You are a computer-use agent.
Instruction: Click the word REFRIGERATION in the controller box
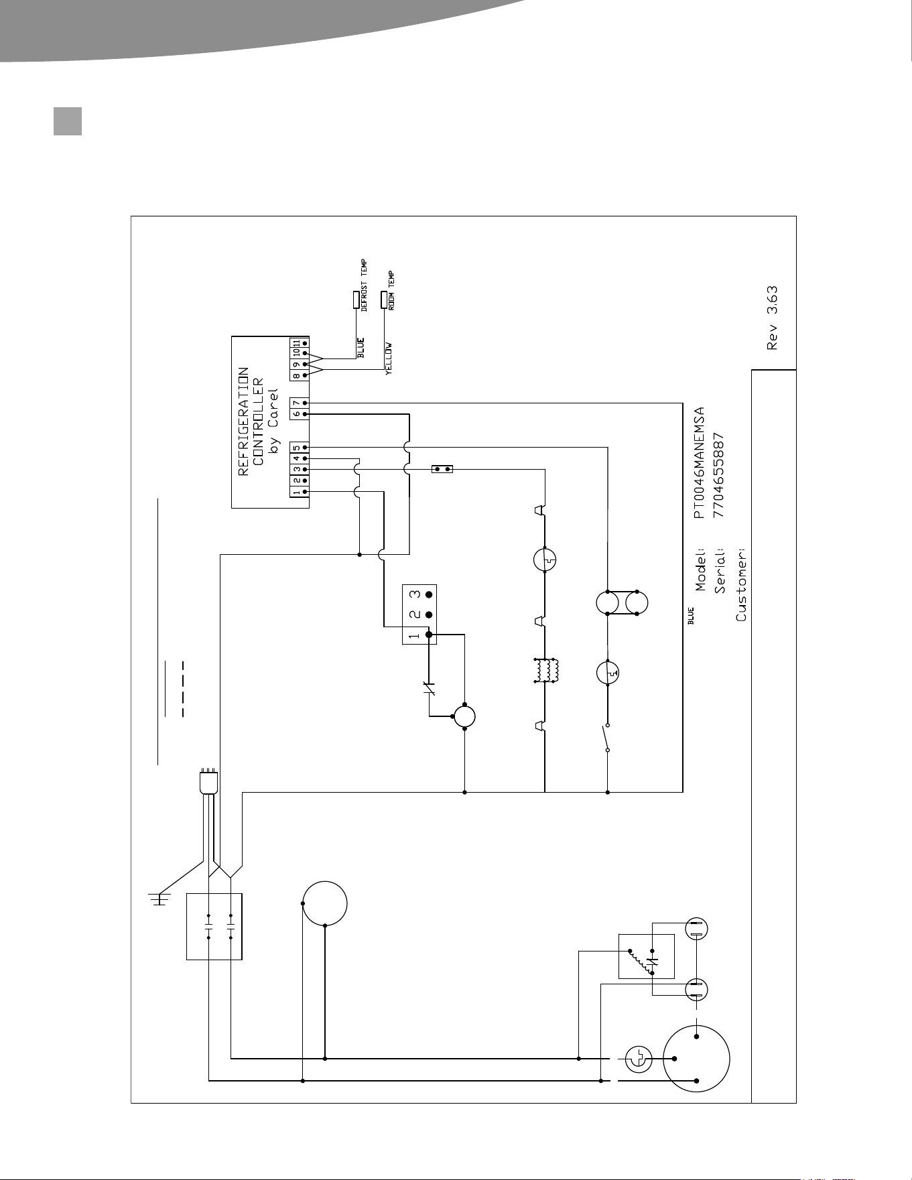[244, 421]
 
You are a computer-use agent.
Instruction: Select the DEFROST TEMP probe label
[365, 285]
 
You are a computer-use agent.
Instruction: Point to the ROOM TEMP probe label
[392, 290]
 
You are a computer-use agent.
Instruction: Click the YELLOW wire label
[389, 359]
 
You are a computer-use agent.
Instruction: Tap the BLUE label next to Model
[691, 616]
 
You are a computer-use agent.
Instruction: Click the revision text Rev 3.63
[773, 319]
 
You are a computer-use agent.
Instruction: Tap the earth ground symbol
[159, 899]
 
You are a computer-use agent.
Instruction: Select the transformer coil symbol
[546, 671]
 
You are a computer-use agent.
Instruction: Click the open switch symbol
[606, 737]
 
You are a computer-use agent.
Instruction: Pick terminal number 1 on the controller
[296, 492]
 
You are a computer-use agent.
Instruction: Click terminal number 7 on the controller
[296, 403]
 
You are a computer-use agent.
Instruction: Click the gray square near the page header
[68, 121]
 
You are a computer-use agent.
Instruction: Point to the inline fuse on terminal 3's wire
[442, 469]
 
